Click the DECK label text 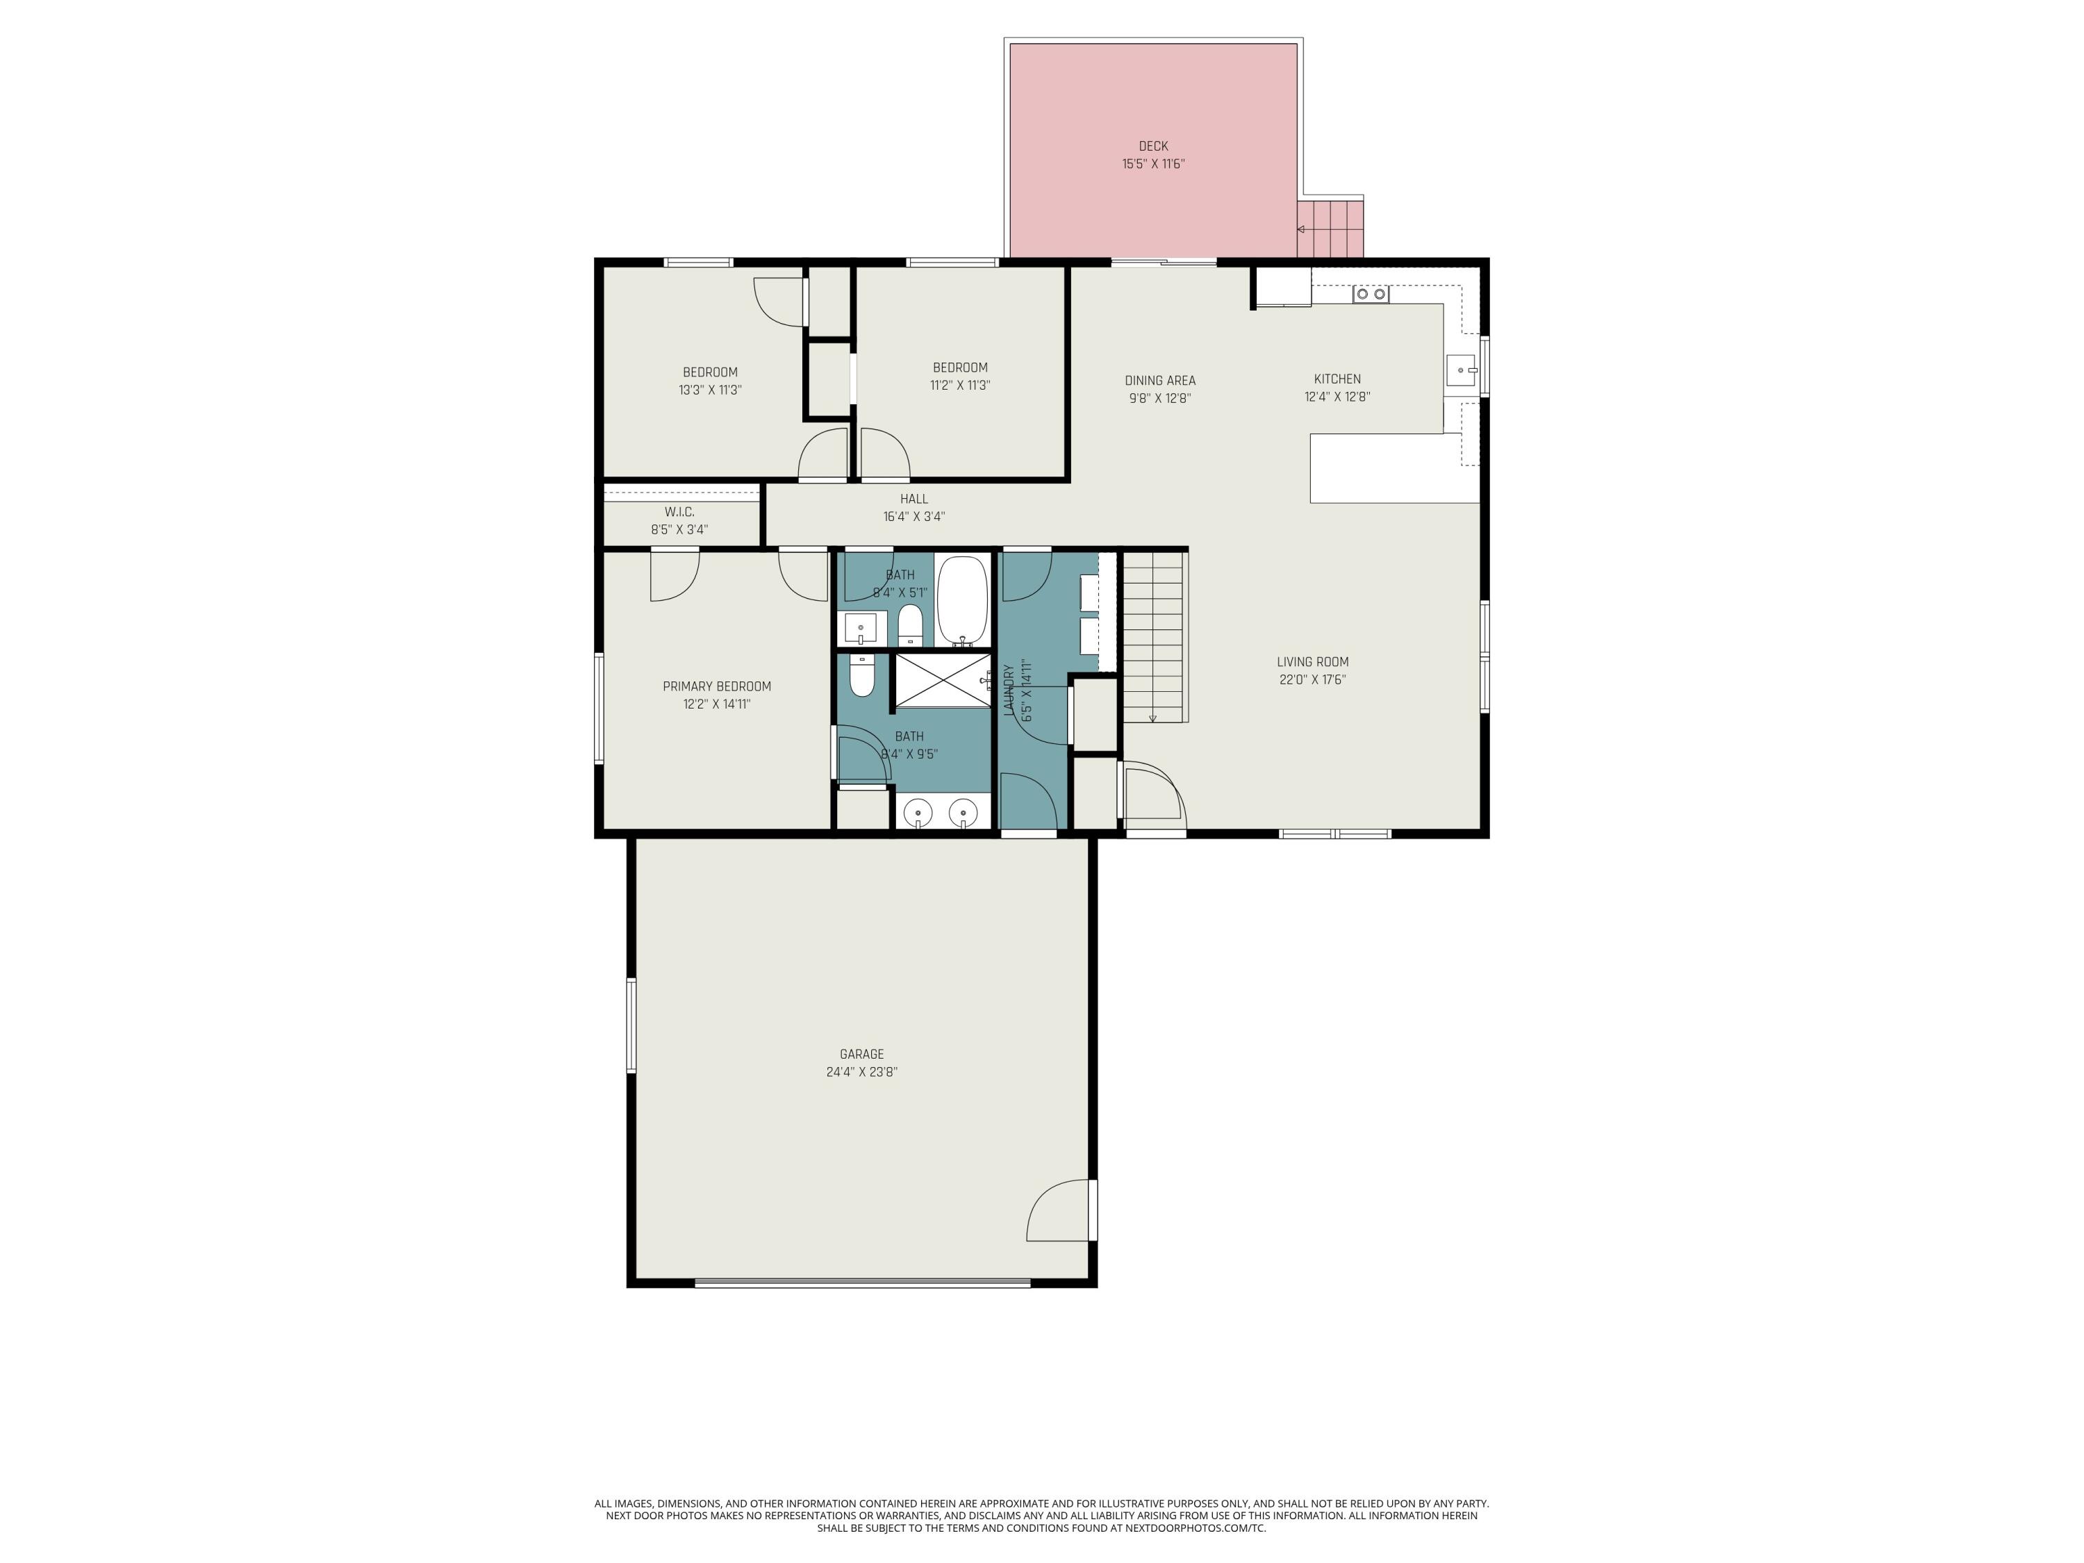click(1152, 146)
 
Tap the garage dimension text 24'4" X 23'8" click(861, 1072)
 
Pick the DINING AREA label click(1160, 381)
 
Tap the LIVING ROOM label click(1312, 662)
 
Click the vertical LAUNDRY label click(1009, 690)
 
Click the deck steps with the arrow click(1330, 229)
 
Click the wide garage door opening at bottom click(862, 1282)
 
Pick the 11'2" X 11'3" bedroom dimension click(960, 386)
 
